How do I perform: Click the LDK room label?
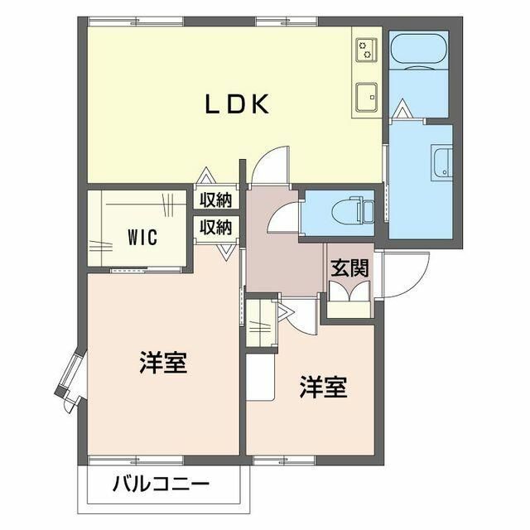(236, 104)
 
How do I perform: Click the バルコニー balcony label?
(161, 484)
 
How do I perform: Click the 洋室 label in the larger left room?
(162, 364)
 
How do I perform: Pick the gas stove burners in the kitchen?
(364, 50)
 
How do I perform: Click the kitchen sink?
(365, 97)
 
